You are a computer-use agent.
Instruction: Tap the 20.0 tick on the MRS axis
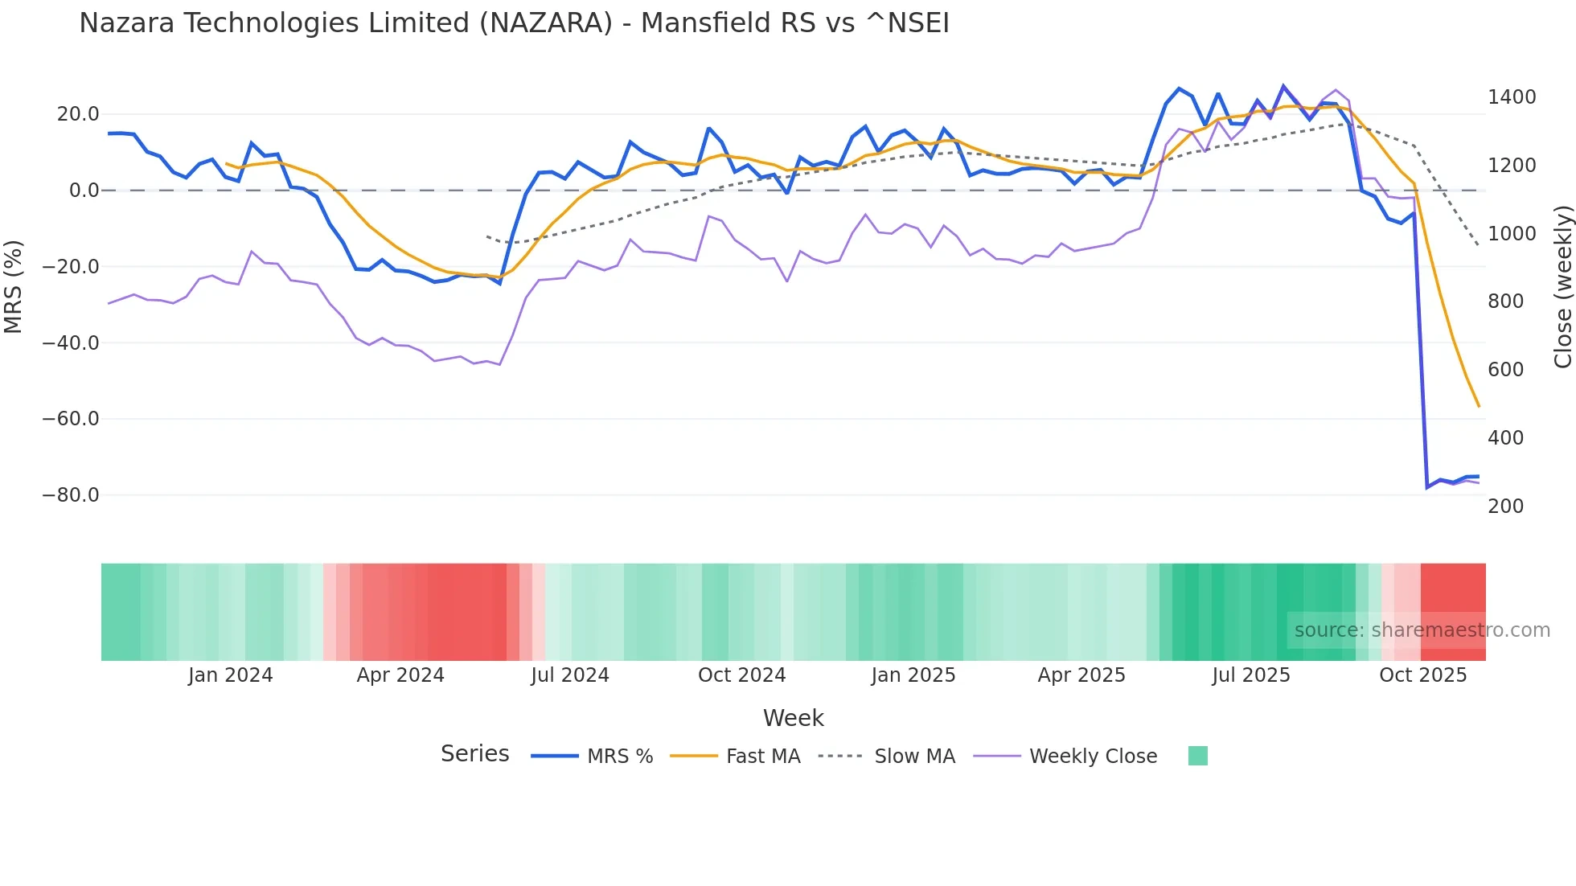78,114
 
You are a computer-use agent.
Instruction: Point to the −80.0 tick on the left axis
71,495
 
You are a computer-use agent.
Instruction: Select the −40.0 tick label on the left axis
71,343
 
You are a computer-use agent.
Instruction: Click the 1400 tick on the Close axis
1512,97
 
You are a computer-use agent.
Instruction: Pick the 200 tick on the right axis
1505,507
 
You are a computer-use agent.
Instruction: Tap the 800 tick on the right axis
1505,301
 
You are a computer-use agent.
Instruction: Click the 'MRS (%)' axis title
14,286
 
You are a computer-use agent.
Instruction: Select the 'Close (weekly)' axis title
1562,286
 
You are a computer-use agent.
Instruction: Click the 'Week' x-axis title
793,718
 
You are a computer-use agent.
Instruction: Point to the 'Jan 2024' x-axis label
230,675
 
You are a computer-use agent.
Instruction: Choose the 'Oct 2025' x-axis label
1422,675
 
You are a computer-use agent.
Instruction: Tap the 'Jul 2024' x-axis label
569,675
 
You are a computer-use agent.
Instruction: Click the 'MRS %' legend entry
619,757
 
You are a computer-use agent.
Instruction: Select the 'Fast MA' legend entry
762,757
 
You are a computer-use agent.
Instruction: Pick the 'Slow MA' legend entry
914,757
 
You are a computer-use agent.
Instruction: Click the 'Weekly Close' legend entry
1093,757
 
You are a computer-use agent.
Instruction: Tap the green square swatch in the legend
1197,756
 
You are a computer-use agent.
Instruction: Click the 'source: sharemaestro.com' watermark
1422,630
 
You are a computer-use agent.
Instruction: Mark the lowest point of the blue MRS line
1427,488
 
